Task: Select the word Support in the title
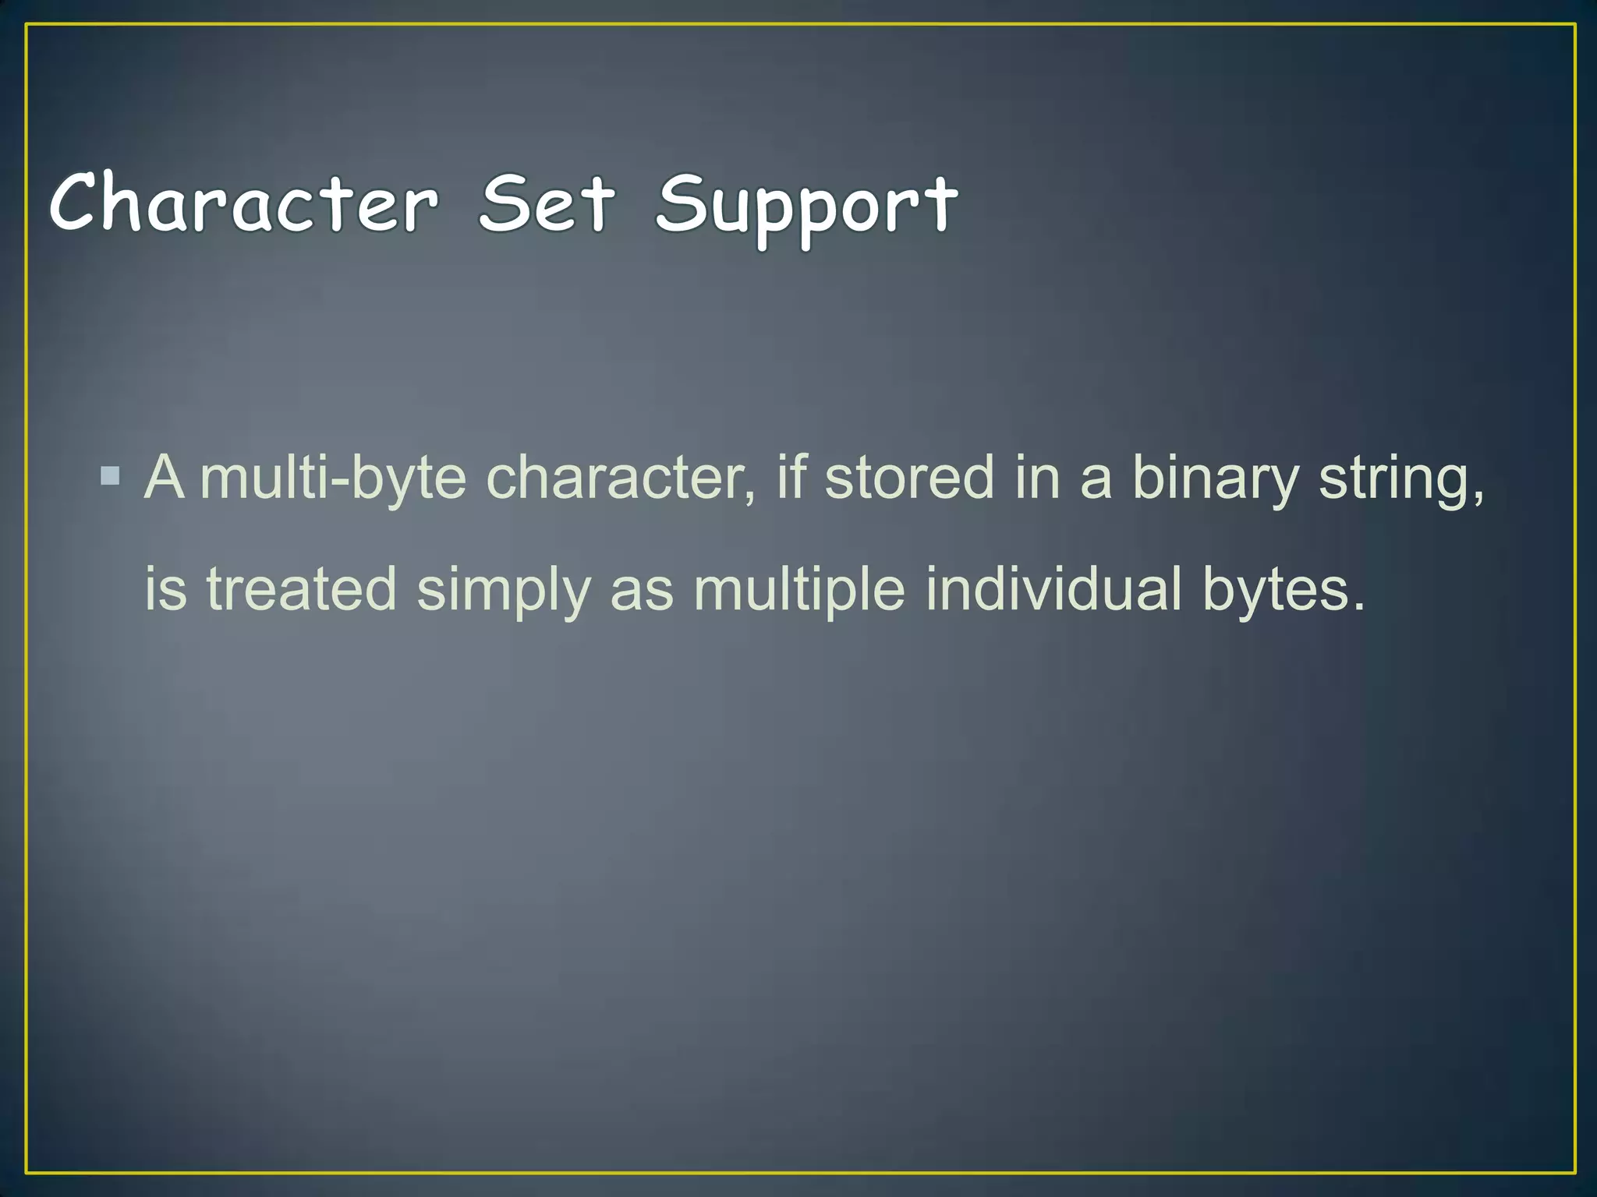coord(806,207)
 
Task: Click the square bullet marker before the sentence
coord(111,475)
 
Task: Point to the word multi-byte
coord(333,478)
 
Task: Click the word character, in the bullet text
coord(621,478)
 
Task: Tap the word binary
coord(1215,478)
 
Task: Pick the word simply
coord(504,591)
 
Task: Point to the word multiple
coord(799,590)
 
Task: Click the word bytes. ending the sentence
coord(1284,590)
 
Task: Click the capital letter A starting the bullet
coord(165,477)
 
